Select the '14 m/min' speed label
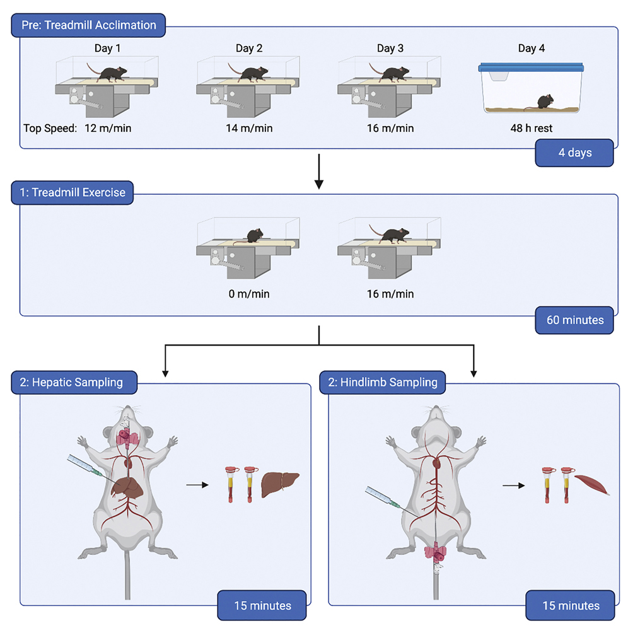coord(249,128)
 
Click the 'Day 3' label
coord(390,49)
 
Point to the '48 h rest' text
coord(531,128)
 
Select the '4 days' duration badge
coord(574,153)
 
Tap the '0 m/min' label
coord(249,294)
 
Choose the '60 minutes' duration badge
coord(574,320)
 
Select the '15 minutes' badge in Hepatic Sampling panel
coord(262,605)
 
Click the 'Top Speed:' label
coord(50,128)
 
